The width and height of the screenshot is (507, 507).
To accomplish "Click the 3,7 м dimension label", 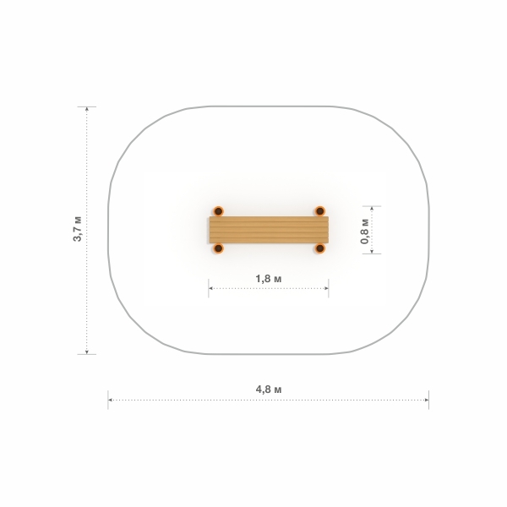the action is [x=78, y=229].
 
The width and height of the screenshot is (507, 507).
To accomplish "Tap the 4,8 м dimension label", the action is [x=269, y=390].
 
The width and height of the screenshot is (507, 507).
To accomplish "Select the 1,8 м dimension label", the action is [x=269, y=278].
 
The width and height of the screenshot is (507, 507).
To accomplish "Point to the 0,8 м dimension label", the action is [x=365, y=232].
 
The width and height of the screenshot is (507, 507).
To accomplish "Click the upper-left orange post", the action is [x=219, y=211].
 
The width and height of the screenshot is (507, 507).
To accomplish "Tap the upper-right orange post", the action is [x=319, y=211].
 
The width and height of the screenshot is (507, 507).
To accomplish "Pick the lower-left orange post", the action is [x=219, y=248].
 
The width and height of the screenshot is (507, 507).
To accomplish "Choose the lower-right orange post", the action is [x=319, y=248].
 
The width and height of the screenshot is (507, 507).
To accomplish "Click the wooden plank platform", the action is [x=269, y=230].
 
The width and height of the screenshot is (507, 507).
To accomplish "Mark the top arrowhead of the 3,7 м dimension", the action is [x=87, y=109].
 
